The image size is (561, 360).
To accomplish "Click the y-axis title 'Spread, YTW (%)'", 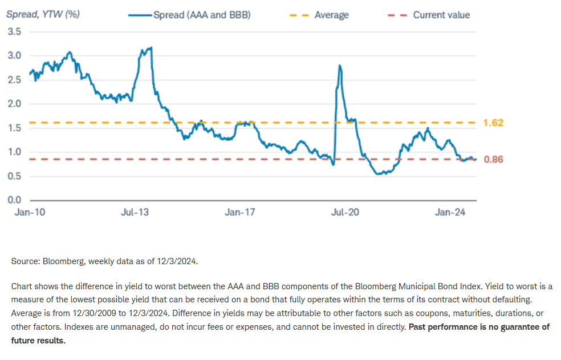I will tap(43, 14).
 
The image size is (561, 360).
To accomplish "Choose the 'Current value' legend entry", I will tap(441, 15).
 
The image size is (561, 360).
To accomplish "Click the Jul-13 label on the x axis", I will tap(135, 213).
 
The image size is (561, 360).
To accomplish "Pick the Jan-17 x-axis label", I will tap(240, 213).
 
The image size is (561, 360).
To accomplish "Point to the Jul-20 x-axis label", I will tap(345, 213).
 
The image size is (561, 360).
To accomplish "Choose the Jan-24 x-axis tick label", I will tap(450, 213).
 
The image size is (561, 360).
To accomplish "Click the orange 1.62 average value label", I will tap(494, 123).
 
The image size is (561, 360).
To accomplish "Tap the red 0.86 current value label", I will tap(494, 160).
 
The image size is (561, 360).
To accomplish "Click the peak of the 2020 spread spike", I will tap(340, 66).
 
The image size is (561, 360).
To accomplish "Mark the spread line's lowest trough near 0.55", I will tap(380, 173).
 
